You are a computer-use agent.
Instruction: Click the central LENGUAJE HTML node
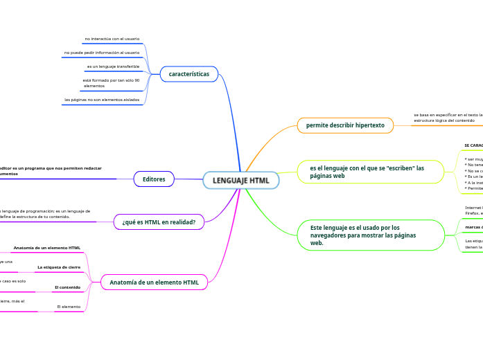point(240,181)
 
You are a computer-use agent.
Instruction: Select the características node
point(188,74)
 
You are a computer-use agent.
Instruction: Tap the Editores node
point(153,179)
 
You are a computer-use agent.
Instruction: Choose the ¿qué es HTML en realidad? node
point(159,222)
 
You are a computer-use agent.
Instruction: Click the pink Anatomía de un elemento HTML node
point(155,282)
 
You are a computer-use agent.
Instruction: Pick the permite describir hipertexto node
point(344,125)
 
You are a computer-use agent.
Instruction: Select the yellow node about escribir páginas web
point(371,172)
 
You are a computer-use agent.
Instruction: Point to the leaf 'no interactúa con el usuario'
point(112,39)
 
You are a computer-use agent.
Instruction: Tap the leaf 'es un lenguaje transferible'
point(113,66)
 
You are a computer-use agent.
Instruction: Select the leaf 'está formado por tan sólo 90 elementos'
point(111,80)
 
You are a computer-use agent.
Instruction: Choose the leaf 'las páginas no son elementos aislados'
point(101,100)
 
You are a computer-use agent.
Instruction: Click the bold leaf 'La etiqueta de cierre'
point(59,267)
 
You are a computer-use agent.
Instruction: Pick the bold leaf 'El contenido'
point(68,287)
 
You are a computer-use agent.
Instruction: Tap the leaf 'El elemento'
point(69,306)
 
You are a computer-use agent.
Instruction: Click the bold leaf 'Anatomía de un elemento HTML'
point(47,247)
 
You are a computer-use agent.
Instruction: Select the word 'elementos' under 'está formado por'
point(94,86)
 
